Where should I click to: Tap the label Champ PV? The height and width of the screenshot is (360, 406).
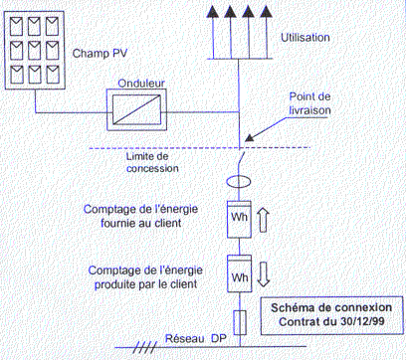pyautogui.click(x=99, y=50)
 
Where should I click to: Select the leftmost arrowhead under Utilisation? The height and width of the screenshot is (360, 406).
pyautogui.click(x=212, y=13)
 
